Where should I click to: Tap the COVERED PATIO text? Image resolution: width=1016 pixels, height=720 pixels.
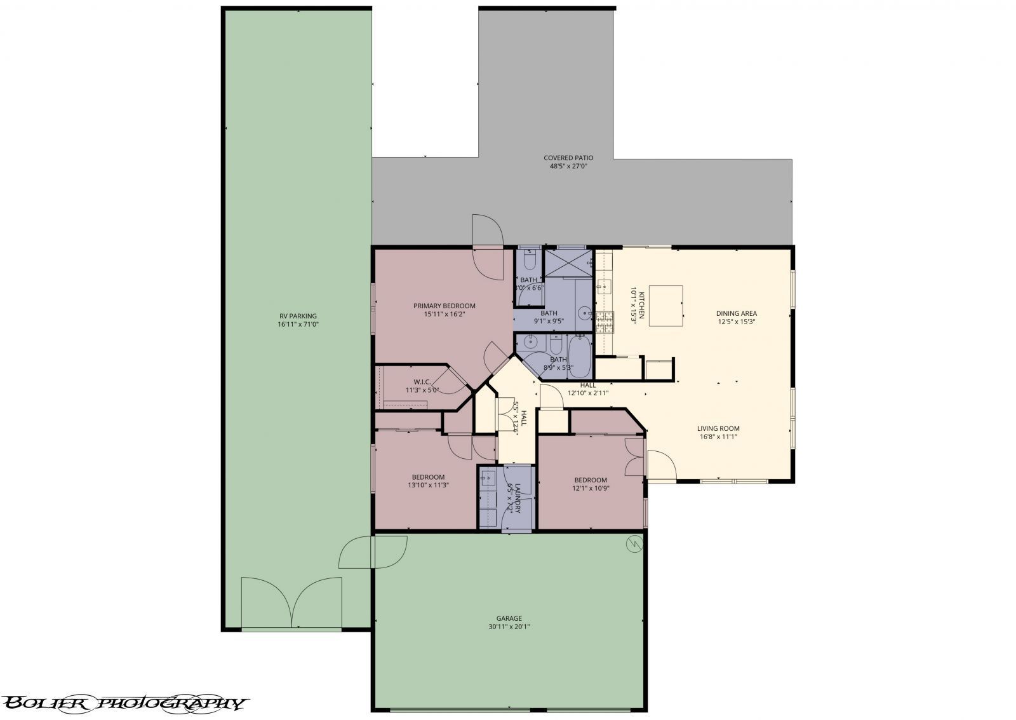pyautogui.click(x=568, y=158)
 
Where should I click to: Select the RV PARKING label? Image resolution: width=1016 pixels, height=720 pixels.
pyautogui.click(x=297, y=316)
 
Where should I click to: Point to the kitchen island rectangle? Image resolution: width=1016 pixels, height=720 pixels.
pyautogui.click(x=665, y=306)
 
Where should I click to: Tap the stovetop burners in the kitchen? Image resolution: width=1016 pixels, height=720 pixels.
pyautogui.click(x=605, y=322)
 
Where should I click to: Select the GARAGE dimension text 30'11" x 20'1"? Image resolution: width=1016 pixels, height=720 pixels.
pyautogui.click(x=509, y=627)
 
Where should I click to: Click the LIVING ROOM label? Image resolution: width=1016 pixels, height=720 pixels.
pyautogui.click(x=719, y=428)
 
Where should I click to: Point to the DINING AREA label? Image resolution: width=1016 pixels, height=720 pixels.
pyautogui.click(x=736, y=313)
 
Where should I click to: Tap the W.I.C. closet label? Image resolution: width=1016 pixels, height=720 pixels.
pyautogui.click(x=422, y=382)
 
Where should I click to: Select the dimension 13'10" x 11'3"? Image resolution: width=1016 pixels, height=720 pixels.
pyautogui.click(x=428, y=485)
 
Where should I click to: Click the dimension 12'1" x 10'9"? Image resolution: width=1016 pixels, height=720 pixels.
pyautogui.click(x=591, y=488)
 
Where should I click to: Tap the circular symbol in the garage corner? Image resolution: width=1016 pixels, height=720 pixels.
pyautogui.click(x=633, y=544)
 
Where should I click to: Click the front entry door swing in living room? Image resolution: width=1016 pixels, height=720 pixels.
pyautogui.click(x=660, y=465)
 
